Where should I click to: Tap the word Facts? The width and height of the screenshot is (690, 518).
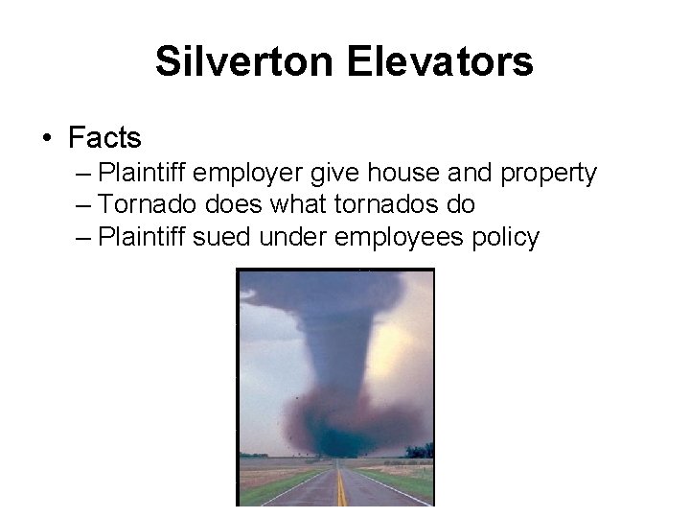point(104,138)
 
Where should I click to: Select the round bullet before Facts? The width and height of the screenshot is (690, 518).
point(47,139)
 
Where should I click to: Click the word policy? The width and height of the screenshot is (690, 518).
point(505,237)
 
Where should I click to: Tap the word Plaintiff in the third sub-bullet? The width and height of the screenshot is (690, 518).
point(142,236)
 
